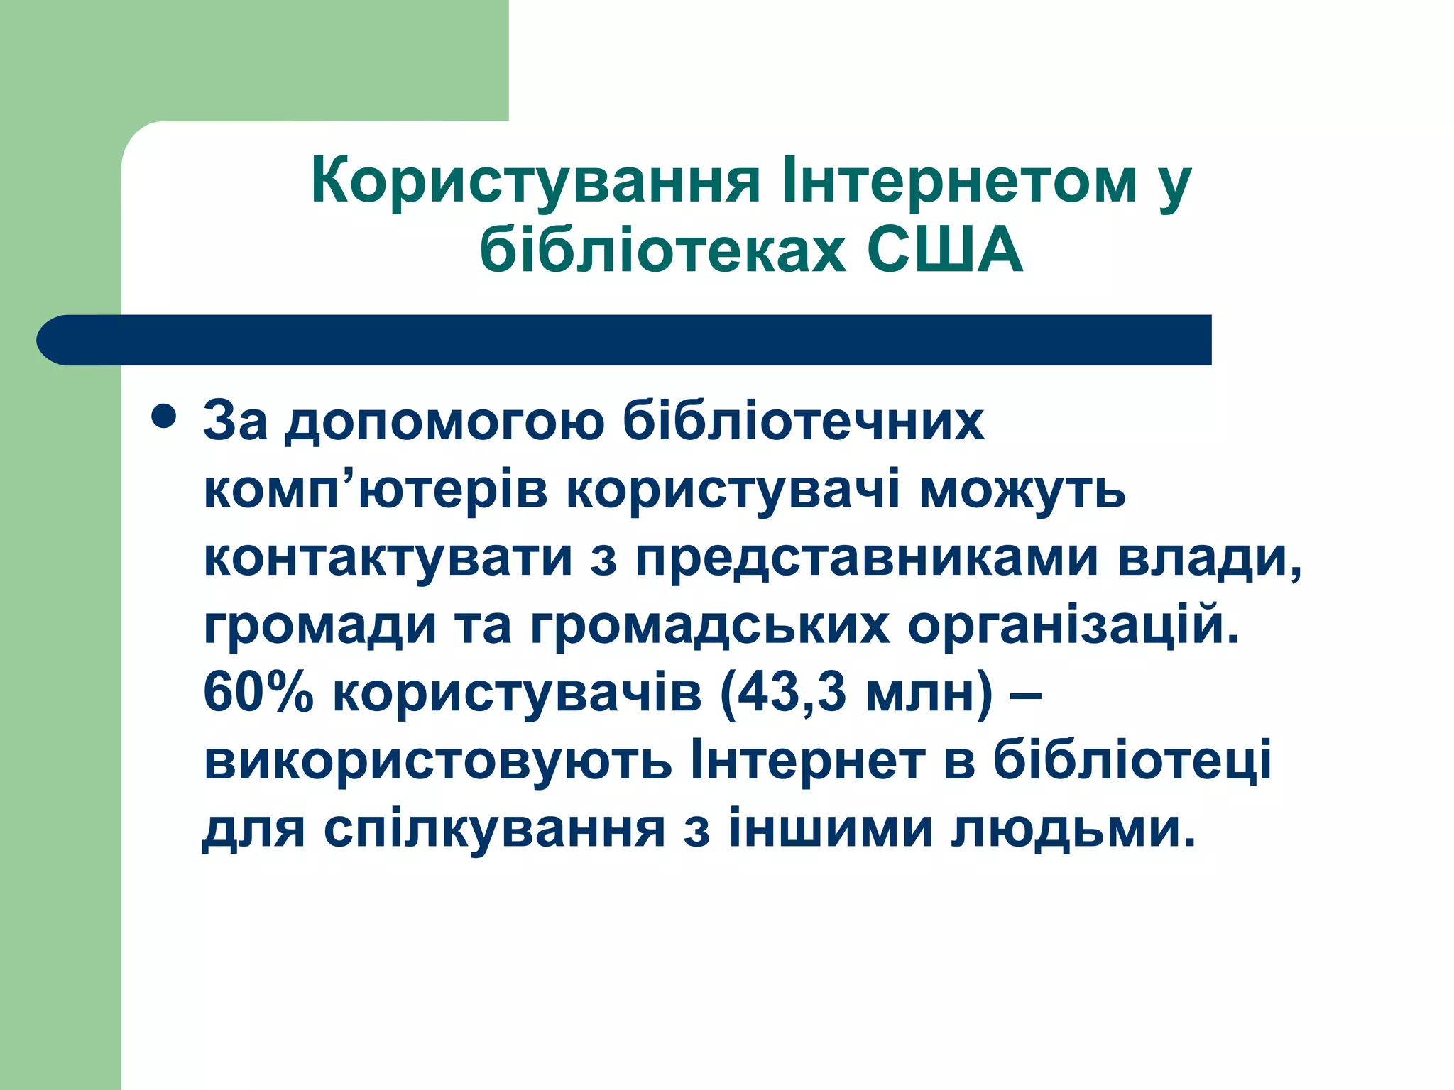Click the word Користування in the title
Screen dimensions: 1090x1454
tap(536, 182)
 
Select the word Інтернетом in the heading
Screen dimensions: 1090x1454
tap(958, 180)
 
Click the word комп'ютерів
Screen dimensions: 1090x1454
tap(376, 490)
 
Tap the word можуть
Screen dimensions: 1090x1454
tap(1022, 490)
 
